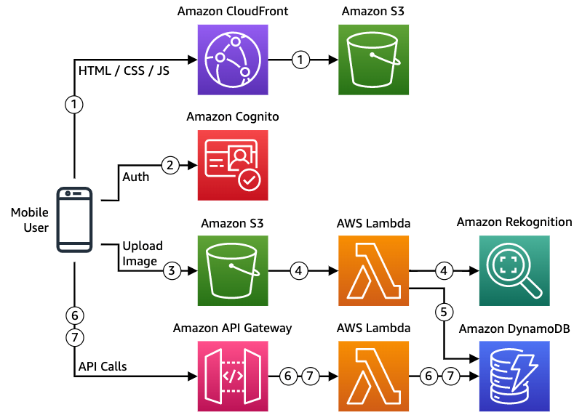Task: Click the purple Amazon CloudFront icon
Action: [x=233, y=60]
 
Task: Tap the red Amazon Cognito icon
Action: [x=233, y=165]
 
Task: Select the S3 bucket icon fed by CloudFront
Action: [x=373, y=60]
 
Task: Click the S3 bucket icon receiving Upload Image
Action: [x=233, y=271]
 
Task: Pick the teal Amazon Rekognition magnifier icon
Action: [x=514, y=271]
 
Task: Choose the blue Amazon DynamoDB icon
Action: [x=514, y=376]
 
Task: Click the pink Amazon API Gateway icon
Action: [x=233, y=376]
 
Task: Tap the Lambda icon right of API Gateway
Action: [x=373, y=376]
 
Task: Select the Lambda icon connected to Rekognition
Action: [x=373, y=271]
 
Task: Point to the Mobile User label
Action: [x=29, y=220]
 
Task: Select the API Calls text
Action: [x=102, y=366]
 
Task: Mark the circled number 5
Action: [x=444, y=312]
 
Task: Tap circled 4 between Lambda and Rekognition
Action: [x=444, y=271]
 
